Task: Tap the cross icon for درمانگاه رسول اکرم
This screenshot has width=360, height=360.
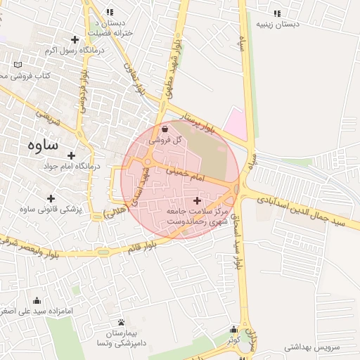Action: click(x=75, y=39)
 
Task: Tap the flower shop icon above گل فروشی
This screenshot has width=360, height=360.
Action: click(x=165, y=129)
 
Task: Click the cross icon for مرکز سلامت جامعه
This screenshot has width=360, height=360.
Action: click(x=196, y=201)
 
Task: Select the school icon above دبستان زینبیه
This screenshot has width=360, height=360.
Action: click(x=277, y=13)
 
